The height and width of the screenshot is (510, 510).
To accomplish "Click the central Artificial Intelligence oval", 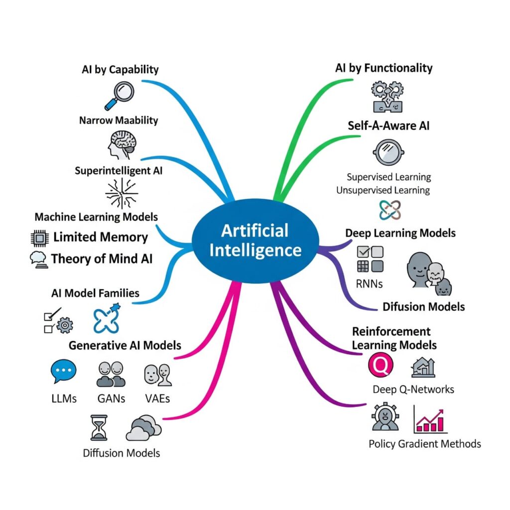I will point(255,240).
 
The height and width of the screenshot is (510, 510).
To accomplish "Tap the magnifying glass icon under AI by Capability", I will point(117,95).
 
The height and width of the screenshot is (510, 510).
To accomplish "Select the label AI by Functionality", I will point(384,68).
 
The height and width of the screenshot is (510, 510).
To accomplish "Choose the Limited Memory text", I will point(101,237).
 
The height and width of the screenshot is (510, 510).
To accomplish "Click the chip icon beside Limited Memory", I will point(39,238).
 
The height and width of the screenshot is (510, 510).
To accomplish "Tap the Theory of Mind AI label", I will point(102,258).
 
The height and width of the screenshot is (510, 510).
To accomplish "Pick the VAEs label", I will point(157,398).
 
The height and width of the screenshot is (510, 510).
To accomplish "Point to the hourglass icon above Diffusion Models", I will point(99,427).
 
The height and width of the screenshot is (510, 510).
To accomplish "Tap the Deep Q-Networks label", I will point(413,389).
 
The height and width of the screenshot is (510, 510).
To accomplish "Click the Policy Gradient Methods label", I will point(425,443).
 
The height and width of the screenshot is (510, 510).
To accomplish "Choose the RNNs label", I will point(369,284).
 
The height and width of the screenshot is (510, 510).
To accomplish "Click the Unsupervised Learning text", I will point(383,190).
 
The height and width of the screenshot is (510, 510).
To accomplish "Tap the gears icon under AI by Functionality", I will point(388,96).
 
